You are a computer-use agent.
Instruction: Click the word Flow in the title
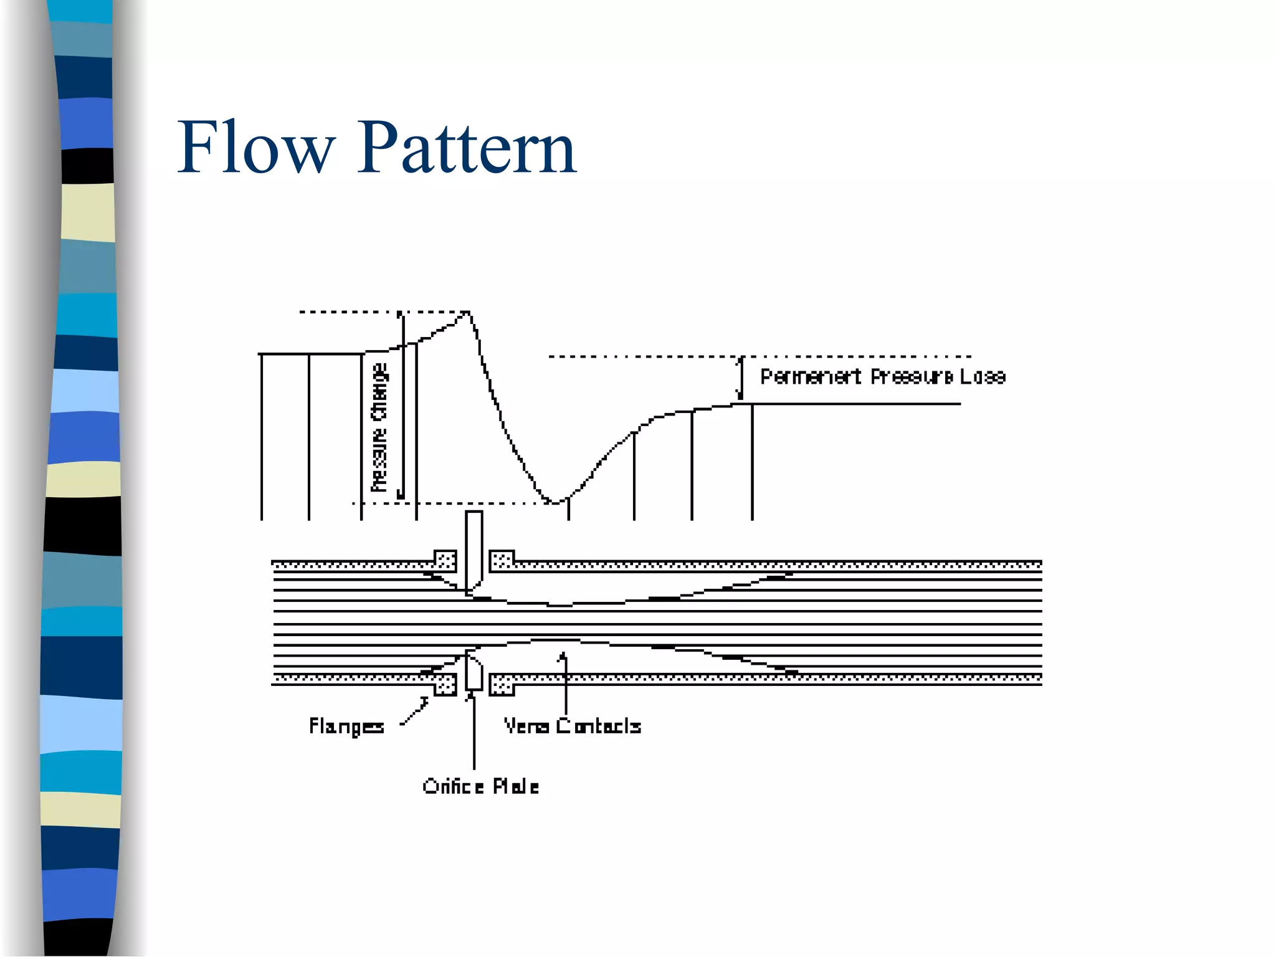256,148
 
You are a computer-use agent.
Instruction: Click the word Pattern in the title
466,148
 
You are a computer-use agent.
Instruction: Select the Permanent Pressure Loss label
882,377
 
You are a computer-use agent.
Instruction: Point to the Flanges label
346,726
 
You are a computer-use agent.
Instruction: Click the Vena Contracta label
572,726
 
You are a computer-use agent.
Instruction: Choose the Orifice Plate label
480,787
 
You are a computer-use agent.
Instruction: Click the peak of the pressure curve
467,313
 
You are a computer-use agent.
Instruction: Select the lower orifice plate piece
474,672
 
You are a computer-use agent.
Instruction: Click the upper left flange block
445,560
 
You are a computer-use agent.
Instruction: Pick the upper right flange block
502,560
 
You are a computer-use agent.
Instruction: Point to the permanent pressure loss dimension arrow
740,378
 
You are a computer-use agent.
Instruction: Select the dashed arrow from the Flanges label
415,712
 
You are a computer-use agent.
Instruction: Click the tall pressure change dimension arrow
402,405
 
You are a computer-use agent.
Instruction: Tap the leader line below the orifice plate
474,732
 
